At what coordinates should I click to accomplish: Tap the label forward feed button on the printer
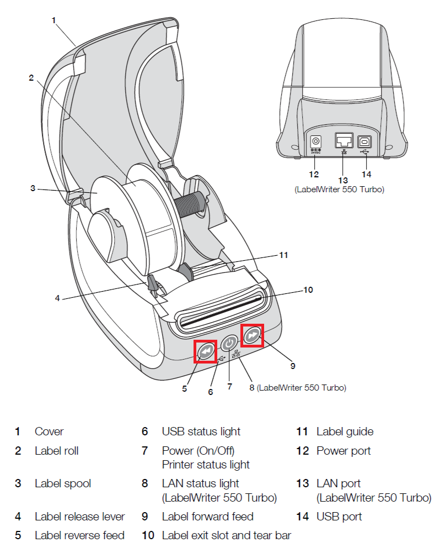[252, 335]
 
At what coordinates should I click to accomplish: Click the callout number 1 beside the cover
[54, 20]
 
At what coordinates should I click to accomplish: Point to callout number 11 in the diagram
[283, 255]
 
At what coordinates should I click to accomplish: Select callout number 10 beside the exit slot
[308, 289]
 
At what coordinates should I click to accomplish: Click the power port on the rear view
[316, 141]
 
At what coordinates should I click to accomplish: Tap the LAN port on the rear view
[343, 141]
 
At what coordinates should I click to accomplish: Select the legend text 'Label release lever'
[79, 517]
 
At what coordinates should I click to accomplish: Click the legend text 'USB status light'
[201, 431]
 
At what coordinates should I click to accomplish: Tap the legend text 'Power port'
[344, 451]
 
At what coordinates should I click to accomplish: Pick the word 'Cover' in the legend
[49, 431]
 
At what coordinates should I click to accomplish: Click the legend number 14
[302, 517]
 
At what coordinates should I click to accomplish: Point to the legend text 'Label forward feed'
[207, 517]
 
